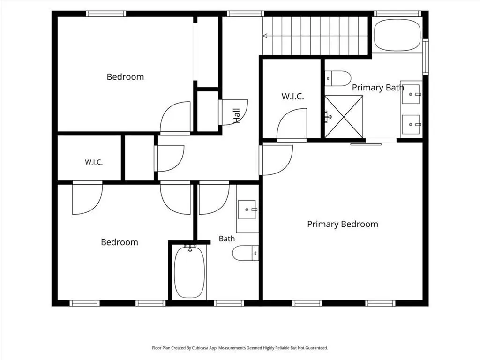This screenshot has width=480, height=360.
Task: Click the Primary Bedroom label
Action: point(343,224)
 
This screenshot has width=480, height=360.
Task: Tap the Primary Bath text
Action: point(378,88)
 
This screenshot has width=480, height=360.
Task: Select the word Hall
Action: point(236,116)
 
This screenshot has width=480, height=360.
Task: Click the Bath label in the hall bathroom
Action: point(227,239)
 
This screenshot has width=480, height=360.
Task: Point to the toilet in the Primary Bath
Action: point(337,79)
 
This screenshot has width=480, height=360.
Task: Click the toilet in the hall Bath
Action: point(245,253)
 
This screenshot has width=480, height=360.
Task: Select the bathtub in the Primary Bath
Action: point(397,35)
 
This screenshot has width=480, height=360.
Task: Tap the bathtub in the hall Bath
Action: point(189,272)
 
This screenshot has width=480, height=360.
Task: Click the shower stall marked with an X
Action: point(344,117)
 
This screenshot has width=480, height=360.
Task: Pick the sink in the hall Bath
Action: point(247,210)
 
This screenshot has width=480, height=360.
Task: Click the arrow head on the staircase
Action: point(265,36)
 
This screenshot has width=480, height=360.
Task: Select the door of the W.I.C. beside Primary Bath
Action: point(291,124)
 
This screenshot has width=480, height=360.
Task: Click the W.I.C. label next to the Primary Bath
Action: point(292,97)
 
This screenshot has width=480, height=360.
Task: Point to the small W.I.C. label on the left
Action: point(94,162)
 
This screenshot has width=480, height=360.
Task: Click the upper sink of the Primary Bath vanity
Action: point(411,94)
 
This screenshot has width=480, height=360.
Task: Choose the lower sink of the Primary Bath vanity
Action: point(411,124)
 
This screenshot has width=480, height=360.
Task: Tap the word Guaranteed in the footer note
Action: point(317,348)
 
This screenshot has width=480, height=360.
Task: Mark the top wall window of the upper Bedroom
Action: point(105,14)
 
